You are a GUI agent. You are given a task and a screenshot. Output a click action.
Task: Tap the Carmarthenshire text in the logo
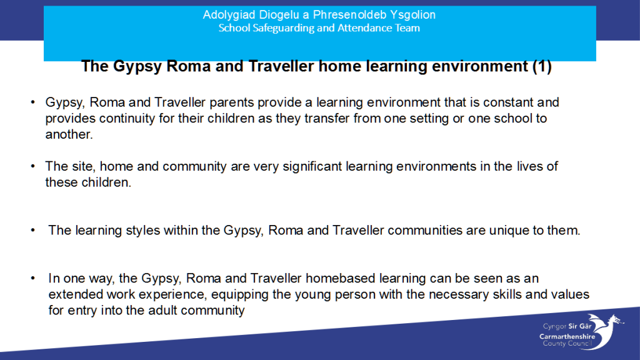pos(567,337)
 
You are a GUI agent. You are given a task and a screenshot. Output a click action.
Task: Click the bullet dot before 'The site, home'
pos(33,166)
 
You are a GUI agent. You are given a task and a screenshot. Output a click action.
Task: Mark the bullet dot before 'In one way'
pos(33,278)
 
